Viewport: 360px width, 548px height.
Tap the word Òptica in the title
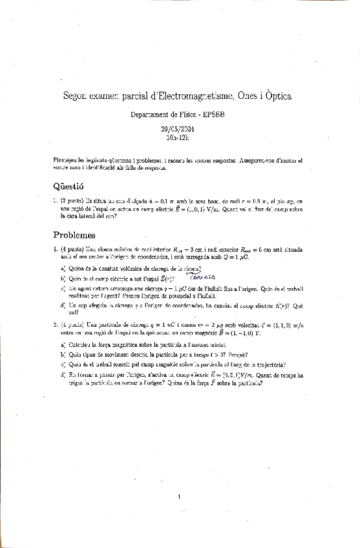[276, 96]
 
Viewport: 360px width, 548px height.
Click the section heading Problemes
[74, 236]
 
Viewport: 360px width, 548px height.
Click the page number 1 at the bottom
[179, 496]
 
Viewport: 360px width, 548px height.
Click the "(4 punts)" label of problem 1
[72, 249]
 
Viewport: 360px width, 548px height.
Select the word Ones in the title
[248, 96]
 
